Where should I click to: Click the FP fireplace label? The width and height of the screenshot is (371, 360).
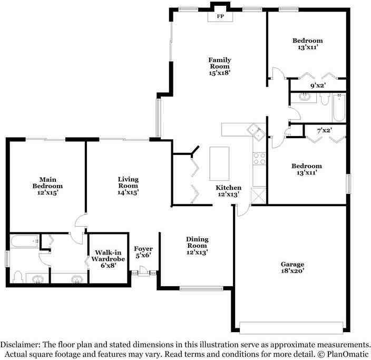[220, 16]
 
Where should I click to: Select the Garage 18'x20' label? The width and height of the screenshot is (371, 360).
[292, 267]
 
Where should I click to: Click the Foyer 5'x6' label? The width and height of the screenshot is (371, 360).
[143, 252]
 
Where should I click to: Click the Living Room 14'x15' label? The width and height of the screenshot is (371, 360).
[128, 186]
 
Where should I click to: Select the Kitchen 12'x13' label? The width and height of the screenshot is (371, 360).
[229, 191]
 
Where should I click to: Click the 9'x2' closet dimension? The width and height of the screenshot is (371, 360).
[318, 85]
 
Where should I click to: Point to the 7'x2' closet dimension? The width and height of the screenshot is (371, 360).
[325, 130]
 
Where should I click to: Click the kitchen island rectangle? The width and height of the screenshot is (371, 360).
[219, 163]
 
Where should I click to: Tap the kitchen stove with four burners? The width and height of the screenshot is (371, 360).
[259, 159]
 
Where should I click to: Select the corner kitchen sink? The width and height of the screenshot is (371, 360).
[256, 132]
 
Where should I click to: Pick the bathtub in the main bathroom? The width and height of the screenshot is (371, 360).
[25, 241]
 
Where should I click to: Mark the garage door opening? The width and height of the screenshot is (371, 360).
[291, 327]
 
